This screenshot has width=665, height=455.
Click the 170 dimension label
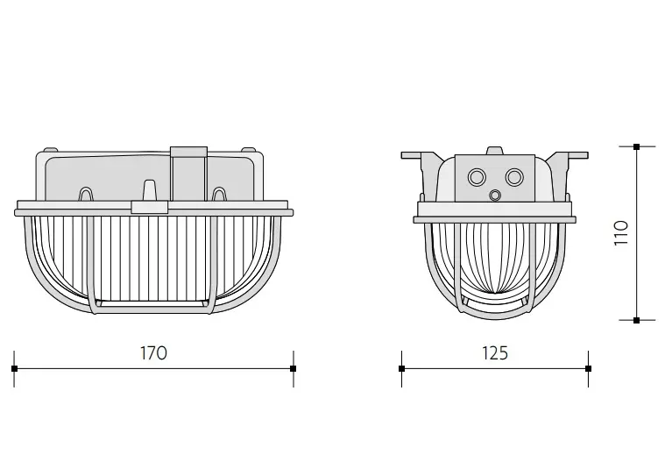pyautogui.click(x=153, y=353)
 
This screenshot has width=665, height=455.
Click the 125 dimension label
pyautogui.click(x=495, y=353)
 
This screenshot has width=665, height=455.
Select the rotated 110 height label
pyautogui.click(x=621, y=232)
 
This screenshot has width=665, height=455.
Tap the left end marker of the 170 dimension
pyautogui.click(x=14, y=368)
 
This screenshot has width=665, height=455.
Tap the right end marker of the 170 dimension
pyautogui.click(x=293, y=368)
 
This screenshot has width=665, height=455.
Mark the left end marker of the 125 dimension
pyautogui.click(x=401, y=368)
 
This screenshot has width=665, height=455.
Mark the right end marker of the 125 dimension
pyautogui.click(x=588, y=368)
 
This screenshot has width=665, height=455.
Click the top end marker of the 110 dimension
pyautogui.click(x=636, y=147)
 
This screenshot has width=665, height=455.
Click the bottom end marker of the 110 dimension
pyautogui.click(x=636, y=320)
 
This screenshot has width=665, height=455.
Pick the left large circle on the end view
pyautogui.click(x=477, y=176)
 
